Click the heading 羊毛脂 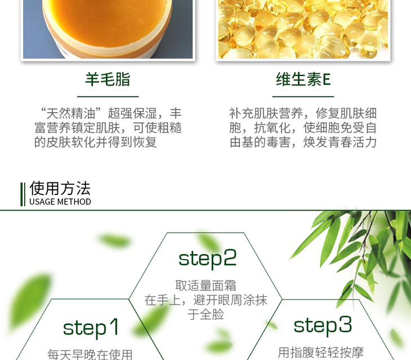coord(108,79)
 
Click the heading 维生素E coord(303,79)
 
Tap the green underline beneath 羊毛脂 coord(108,96)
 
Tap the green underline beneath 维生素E coord(303,96)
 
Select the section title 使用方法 coord(60,188)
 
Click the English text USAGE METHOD coord(60,202)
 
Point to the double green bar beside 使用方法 coord(23,194)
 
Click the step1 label coord(91,328)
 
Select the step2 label coord(207,259)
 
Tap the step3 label coord(323,326)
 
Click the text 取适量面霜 coord(205,286)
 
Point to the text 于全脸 coord(205,314)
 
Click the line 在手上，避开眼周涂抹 coord(205,300)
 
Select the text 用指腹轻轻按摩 coord(320,353)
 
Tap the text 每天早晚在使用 coord(90,354)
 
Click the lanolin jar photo coord(108,29)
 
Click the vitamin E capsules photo coord(303,29)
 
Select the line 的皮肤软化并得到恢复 coord(96,142)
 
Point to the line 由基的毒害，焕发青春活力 coord(303,142)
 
